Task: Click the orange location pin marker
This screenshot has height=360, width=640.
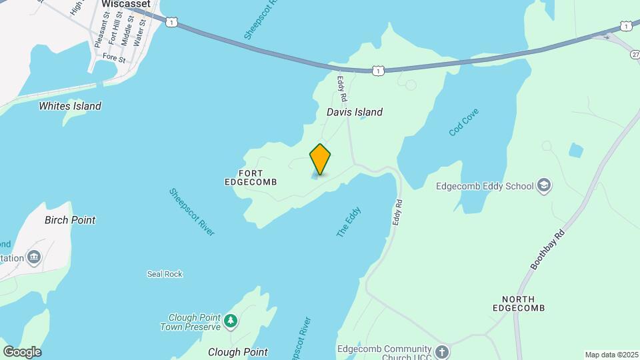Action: (x=320, y=159)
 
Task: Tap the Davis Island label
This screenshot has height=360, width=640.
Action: (x=354, y=112)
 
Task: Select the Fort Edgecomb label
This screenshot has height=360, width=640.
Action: (x=251, y=177)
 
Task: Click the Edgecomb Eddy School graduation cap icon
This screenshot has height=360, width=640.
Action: (x=544, y=185)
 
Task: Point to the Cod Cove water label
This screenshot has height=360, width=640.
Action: (x=464, y=122)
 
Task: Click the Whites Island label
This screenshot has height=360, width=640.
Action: (x=70, y=106)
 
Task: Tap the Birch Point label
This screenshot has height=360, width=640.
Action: (x=70, y=220)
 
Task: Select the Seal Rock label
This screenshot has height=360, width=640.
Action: (x=165, y=274)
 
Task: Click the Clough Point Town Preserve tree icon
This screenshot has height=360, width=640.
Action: (x=231, y=321)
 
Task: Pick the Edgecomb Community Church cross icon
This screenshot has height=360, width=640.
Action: (x=442, y=351)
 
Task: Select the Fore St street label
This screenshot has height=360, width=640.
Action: (x=114, y=59)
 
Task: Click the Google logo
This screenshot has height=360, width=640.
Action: (x=22, y=351)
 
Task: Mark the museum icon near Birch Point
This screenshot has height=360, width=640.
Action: (x=33, y=257)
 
